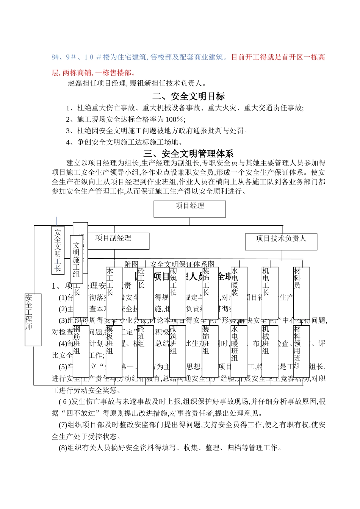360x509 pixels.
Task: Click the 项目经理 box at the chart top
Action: pos(189,209)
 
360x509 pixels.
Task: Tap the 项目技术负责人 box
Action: pos(281,242)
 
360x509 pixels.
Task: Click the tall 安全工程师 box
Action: pos(33,320)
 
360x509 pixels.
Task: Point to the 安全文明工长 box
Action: pos(58,250)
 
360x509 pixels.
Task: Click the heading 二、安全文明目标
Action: pos(189,97)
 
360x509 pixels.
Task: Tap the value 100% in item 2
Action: pos(175,119)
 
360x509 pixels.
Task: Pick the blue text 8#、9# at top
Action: pos(61,57)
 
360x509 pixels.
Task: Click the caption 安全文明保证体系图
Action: pos(182,264)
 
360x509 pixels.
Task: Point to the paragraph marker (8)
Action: pos(63,448)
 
